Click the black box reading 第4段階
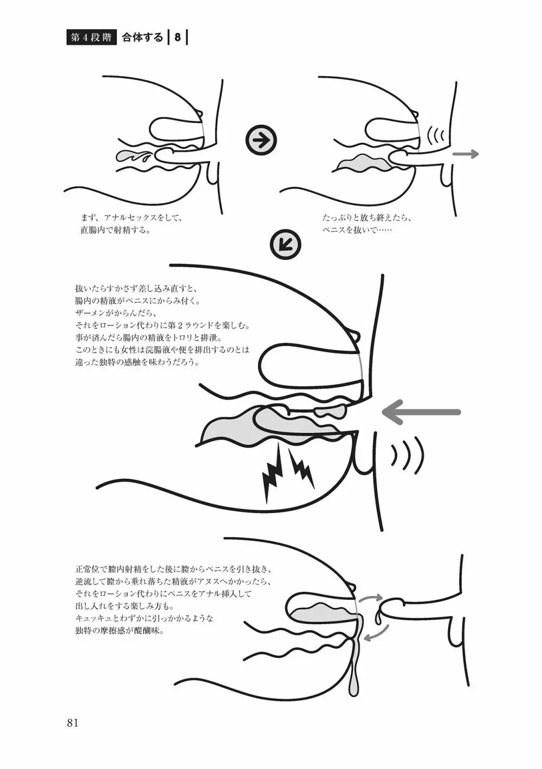tap(91, 38)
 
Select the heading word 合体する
tap(143, 38)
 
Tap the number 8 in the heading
tap(177, 38)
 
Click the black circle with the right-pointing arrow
tap(261, 140)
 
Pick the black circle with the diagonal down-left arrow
tap(286, 245)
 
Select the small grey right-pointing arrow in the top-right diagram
tap(466, 154)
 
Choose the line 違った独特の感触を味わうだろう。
tap(138, 362)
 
